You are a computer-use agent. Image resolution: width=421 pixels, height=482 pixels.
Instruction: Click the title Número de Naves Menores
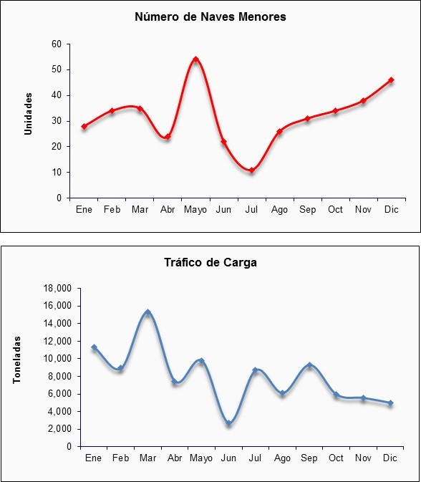210,16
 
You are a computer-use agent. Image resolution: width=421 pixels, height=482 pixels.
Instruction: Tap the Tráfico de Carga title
210,263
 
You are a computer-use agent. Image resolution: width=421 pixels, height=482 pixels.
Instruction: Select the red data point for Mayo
195,59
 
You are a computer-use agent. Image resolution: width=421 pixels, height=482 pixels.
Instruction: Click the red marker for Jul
252,170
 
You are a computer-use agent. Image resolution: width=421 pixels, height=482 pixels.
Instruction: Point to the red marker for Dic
391,80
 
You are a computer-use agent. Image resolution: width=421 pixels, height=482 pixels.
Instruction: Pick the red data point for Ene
84,126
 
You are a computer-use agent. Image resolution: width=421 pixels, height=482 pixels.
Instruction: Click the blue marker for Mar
147,312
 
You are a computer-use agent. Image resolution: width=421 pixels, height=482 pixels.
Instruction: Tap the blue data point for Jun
228,423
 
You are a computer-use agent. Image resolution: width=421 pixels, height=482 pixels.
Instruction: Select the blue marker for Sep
309,365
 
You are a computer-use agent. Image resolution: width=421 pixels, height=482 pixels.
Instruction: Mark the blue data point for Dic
390,403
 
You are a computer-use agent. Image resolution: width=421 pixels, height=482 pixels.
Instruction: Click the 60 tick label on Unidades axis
57,44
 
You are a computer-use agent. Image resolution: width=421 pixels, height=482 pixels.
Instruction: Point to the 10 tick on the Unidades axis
57,173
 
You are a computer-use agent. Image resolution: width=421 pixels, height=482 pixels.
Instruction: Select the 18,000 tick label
58,289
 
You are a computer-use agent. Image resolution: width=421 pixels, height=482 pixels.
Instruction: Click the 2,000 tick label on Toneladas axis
59,429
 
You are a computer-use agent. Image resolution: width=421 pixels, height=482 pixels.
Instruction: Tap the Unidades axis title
28,114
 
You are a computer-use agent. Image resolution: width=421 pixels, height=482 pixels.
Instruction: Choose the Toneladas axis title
16,360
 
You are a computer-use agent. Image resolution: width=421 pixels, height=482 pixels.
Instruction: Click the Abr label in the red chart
168,210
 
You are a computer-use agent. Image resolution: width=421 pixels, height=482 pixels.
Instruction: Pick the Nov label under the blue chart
363,458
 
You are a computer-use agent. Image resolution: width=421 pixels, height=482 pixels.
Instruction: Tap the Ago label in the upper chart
279,210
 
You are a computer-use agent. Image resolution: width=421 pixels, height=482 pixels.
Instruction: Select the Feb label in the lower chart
120,458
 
